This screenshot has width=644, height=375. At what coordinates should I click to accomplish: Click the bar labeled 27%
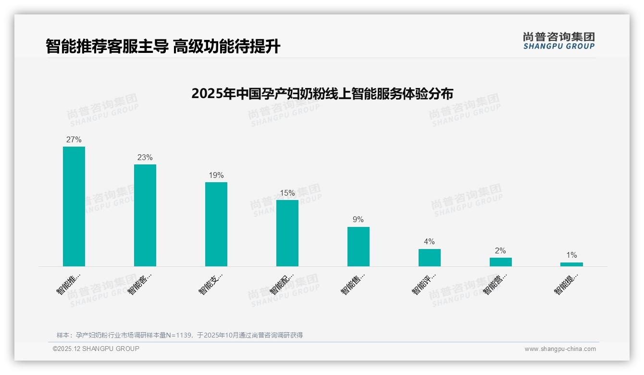(74, 206)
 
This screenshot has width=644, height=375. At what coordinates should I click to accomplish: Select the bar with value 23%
(145, 215)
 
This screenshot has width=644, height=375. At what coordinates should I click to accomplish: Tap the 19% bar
(216, 224)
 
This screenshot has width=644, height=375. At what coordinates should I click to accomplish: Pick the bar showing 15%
(287, 233)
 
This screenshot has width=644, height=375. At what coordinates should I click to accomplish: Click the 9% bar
(359, 246)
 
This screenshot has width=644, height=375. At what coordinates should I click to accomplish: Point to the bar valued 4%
(430, 257)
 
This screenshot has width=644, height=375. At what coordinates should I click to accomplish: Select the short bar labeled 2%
(501, 262)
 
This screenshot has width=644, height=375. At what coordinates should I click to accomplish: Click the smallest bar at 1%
(571, 264)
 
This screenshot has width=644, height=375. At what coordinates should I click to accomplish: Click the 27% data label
(74, 140)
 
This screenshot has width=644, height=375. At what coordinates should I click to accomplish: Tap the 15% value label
(287, 193)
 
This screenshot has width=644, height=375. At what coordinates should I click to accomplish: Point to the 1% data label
(571, 255)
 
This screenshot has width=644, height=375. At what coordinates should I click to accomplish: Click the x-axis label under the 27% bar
(68, 284)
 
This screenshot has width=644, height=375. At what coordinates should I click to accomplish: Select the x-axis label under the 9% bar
(353, 284)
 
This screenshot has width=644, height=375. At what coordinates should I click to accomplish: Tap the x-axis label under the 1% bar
(566, 284)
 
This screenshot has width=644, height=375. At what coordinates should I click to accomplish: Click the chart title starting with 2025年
(322, 93)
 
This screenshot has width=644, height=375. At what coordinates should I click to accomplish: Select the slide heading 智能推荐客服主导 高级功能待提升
(163, 47)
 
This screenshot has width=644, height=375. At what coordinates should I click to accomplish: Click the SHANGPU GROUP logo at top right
(559, 41)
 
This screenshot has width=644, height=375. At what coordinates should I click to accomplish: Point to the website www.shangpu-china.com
(560, 349)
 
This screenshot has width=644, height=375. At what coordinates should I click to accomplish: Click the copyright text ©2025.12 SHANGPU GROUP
(96, 349)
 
